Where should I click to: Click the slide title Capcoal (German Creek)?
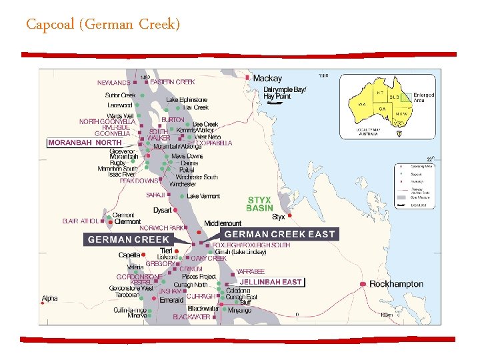pyautogui.click(x=103, y=25)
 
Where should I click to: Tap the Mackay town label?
pyautogui.click(x=267, y=78)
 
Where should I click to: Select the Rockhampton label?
pyautogui.click(x=396, y=284)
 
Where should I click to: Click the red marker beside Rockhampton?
pyautogui.click(x=363, y=285)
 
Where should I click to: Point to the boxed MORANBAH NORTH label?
pyautogui.click(x=85, y=143)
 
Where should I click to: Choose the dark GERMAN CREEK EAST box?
pyautogui.click(x=280, y=234)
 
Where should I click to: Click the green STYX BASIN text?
pyautogui.click(x=259, y=204)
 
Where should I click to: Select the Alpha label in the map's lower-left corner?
pyautogui.click(x=49, y=299)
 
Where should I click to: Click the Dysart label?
pyautogui.click(x=163, y=210)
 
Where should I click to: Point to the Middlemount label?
pyautogui.click(x=223, y=223)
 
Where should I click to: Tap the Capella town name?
pyautogui.click(x=129, y=255)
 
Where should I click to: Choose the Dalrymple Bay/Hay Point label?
pyautogui.click(x=285, y=93)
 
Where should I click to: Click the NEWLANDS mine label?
pyautogui.click(x=114, y=83)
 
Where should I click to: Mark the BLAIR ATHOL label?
pyautogui.click(x=80, y=221)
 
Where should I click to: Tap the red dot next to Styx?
pyautogui.click(x=289, y=215)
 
